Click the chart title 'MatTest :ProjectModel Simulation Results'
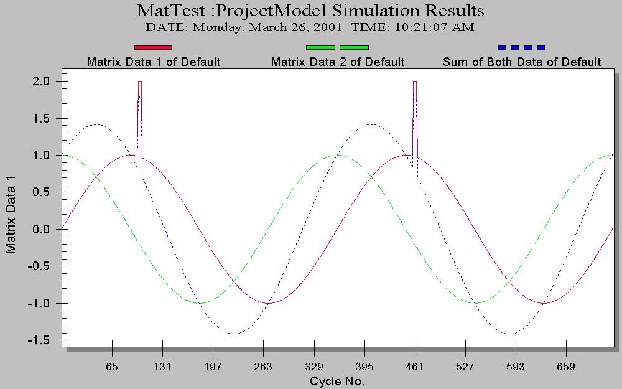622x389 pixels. (310, 11)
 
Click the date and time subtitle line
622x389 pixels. (310, 27)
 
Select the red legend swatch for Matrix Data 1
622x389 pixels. (153, 47)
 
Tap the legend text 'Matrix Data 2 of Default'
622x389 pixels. (338, 62)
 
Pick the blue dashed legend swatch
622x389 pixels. (521, 47)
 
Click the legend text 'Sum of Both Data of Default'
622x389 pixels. (521, 62)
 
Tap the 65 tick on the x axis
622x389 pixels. (112, 367)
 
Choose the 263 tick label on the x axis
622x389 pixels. (264, 367)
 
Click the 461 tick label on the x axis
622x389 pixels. (415, 367)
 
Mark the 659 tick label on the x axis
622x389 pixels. (566, 367)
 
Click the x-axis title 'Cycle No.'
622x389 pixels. (337, 380)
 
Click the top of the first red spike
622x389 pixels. (140, 82)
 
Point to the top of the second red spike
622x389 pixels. (415, 82)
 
